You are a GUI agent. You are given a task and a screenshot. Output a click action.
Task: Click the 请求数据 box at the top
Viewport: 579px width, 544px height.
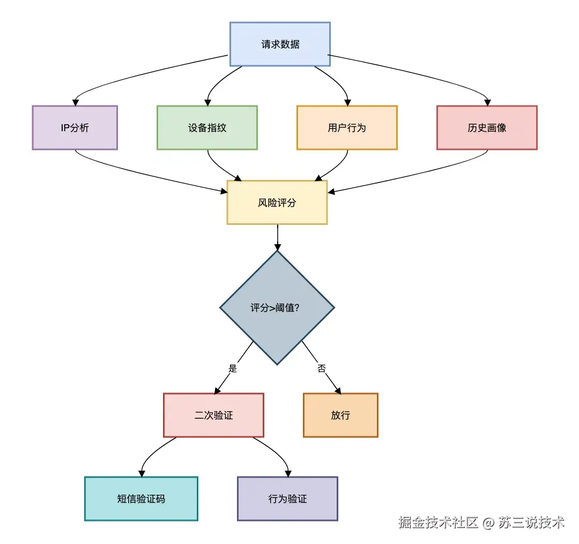(x=280, y=44)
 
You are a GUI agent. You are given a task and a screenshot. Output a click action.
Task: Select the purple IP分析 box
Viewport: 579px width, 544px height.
(x=75, y=127)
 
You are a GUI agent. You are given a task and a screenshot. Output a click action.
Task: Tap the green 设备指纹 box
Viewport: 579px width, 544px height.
(x=207, y=127)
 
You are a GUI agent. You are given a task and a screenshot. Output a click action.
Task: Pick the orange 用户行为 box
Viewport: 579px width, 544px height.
(x=347, y=127)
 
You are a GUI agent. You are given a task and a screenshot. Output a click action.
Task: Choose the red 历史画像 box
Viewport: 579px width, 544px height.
(x=487, y=127)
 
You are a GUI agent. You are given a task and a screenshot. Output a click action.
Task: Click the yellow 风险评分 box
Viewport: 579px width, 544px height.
(x=277, y=202)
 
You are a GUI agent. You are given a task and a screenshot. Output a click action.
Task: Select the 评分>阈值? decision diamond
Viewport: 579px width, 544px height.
(x=277, y=308)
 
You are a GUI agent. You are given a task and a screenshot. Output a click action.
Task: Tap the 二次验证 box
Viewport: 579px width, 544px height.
(x=213, y=415)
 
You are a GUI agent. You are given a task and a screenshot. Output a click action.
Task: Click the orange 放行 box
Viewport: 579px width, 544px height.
(x=340, y=415)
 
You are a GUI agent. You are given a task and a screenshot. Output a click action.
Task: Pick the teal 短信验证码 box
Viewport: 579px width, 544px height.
(x=141, y=498)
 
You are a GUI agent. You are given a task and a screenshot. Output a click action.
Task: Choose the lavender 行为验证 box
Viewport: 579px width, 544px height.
(x=287, y=498)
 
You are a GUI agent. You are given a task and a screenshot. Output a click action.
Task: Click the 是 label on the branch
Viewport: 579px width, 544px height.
(x=233, y=368)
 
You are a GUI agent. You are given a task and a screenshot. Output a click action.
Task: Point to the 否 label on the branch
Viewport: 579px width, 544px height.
(x=322, y=369)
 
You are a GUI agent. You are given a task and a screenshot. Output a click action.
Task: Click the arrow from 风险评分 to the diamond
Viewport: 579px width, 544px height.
(x=277, y=237)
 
